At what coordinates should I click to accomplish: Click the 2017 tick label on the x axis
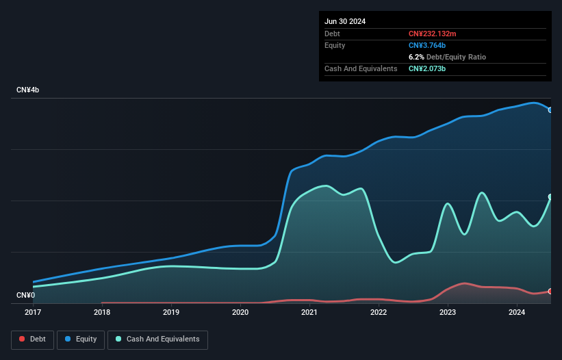pyautogui.click(x=32, y=313)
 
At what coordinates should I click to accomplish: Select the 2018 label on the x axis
pyautogui.click(x=102, y=313)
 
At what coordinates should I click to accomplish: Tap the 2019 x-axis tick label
pyautogui.click(x=171, y=313)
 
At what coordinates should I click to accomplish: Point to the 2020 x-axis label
pyautogui.click(x=240, y=313)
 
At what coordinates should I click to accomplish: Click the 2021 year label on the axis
pyautogui.click(x=309, y=313)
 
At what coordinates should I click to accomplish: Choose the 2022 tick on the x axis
pyautogui.click(x=379, y=313)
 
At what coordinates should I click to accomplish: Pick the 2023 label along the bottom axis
pyautogui.click(x=448, y=313)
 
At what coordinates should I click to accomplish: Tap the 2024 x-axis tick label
pyautogui.click(x=517, y=313)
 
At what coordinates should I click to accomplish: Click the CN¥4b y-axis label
pyautogui.click(x=28, y=90)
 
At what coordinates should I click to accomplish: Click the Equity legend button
pyautogui.click(x=81, y=339)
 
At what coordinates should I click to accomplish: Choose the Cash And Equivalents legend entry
pyautogui.click(x=157, y=339)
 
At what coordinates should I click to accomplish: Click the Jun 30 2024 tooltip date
pyautogui.click(x=345, y=21)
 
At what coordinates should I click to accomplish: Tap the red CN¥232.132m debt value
pyautogui.click(x=432, y=34)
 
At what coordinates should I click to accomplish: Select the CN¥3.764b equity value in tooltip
pyautogui.click(x=427, y=45)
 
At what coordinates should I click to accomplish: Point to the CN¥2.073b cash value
pyautogui.click(x=427, y=68)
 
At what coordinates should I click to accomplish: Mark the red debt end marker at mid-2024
pyautogui.click(x=550, y=292)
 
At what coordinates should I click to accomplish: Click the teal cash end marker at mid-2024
pyautogui.click(x=550, y=197)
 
